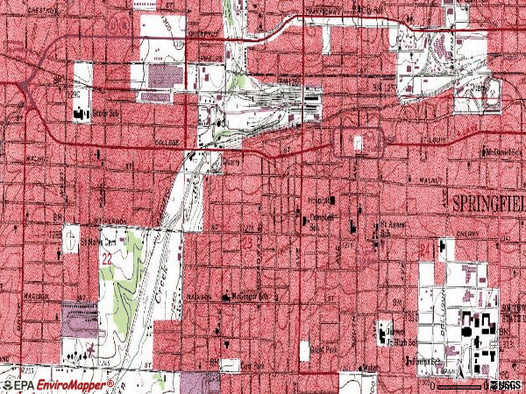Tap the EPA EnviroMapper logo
pos(58,384)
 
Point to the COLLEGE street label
pos(167,142)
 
